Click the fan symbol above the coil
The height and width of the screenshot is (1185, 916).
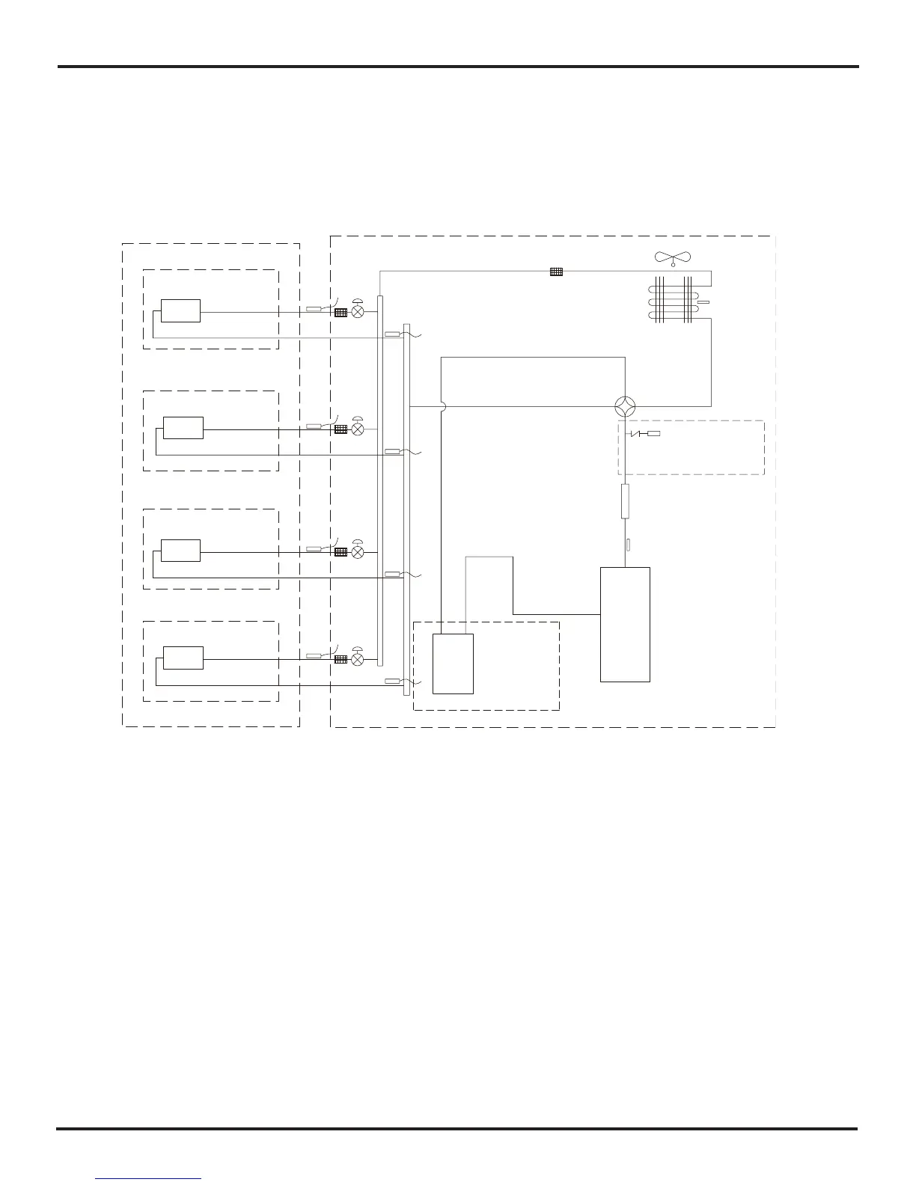(x=673, y=258)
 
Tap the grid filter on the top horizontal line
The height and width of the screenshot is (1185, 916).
(x=556, y=272)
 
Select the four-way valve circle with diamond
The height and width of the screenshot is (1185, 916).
(x=625, y=407)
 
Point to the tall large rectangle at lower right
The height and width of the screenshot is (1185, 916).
(x=625, y=624)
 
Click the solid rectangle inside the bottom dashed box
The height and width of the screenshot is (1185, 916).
(x=453, y=664)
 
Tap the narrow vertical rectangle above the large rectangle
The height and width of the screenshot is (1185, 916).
(x=626, y=501)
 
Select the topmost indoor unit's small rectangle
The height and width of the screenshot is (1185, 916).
(x=180, y=310)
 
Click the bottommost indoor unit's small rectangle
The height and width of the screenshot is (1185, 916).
(x=183, y=658)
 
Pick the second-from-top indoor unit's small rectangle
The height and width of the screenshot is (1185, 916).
(x=183, y=428)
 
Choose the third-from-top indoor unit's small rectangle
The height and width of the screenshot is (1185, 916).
(x=180, y=551)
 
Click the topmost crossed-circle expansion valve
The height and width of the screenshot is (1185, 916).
(x=358, y=312)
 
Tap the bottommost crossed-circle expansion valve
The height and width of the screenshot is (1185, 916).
(x=358, y=660)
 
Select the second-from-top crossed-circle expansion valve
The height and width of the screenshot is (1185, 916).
(x=358, y=429)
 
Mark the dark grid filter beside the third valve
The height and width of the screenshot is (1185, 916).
(x=341, y=552)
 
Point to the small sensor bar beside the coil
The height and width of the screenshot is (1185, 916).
(x=703, y=303)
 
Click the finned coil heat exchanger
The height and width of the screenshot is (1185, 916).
(x=678, y=301)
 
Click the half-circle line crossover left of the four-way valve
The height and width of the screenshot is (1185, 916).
(x=442, y=407)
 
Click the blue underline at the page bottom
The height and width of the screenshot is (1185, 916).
(x=148, y=1178)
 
